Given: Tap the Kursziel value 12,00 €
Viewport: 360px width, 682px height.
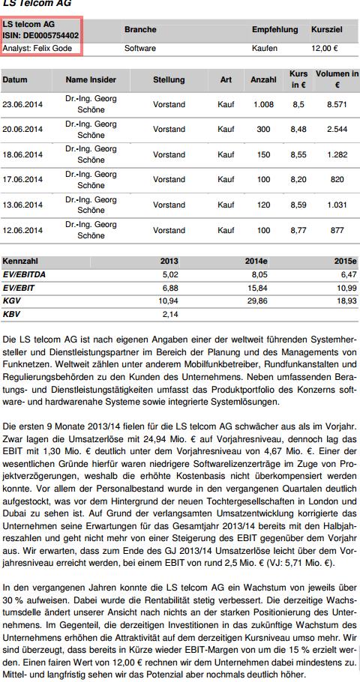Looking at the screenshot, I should tap(324, 48).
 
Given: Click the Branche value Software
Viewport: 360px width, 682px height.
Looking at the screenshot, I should tap(140, 48).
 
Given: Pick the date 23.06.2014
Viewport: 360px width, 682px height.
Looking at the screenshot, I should tap(23, 104).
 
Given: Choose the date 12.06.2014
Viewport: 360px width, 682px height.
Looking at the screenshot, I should tap(23, 230).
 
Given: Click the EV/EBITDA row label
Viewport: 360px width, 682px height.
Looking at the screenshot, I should tap(25, 274).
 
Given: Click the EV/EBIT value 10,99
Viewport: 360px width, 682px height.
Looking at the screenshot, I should tap(346, 287).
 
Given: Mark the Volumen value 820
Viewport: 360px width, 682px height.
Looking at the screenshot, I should tap(337, 180).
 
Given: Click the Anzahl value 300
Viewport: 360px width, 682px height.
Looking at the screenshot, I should tap(263, 130).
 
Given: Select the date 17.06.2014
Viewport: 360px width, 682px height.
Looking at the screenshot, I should tap(23, 180).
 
